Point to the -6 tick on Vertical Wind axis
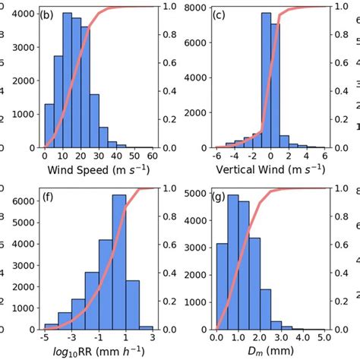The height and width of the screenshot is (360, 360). click(217, 155)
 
